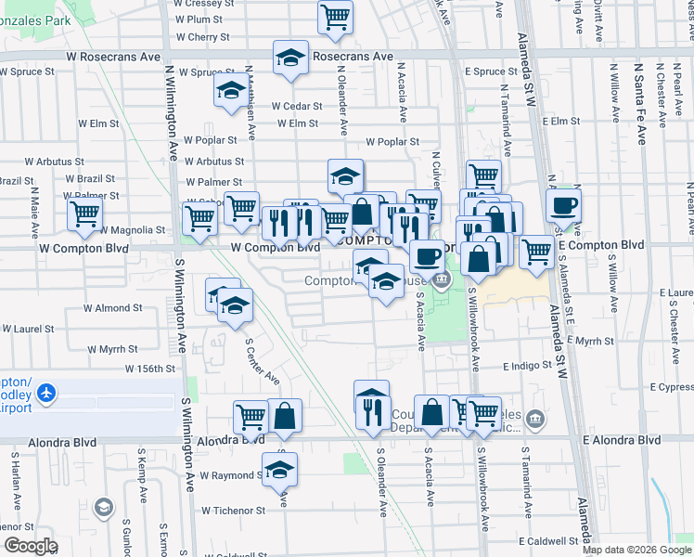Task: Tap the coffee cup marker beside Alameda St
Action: pyautogui.click(x=563, y=207)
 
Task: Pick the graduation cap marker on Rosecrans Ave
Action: pyautogui.click(x=290, y=58)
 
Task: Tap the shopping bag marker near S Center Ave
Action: pyautogui.click(x=285, y=416)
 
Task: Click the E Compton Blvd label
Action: pyautogui.click(x=601, y=245)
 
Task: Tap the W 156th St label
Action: pyautogui.click(x=148, y=369)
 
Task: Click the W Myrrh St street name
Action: pyautogui.click(x=111, y=349)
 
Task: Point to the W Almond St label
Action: pyautogui.click(x=112, y=307)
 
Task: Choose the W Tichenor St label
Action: pyautogui.click(x=233, y=511)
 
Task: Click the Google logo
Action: pyautogui.click(x=31, y=546)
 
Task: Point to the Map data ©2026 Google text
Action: pyautogui.click(x=636, y=550)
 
